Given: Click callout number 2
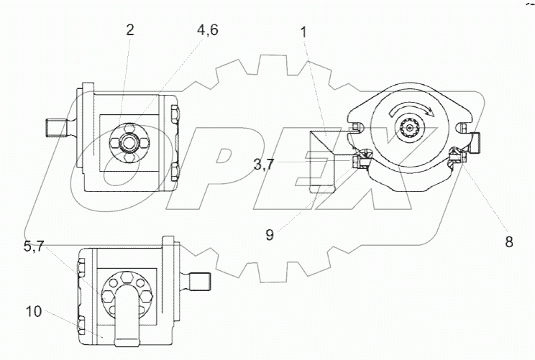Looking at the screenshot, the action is click(129, 30).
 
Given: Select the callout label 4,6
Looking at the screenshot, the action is click(207, 30).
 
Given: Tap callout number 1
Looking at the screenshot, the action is click(303, 33).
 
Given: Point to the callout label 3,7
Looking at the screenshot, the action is click(263, 165).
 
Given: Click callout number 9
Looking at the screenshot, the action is click(270, 234).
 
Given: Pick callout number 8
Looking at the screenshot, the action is click(508, 242).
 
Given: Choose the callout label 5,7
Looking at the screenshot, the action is click(34, 246).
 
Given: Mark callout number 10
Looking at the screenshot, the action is click(34, 311).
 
